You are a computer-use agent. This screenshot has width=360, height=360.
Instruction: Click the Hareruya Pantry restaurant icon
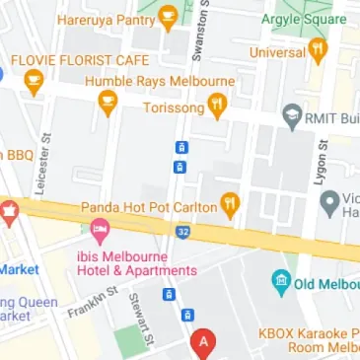pos(169,17)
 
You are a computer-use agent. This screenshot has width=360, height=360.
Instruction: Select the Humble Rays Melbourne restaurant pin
pos(108,100)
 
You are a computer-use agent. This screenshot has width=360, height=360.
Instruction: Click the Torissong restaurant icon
pos(218,106)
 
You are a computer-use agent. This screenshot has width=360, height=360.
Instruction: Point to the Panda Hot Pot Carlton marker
pos(231,206)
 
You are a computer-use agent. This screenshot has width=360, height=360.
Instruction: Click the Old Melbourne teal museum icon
pos(282,284)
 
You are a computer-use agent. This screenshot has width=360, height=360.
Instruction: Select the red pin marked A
pos(204,344)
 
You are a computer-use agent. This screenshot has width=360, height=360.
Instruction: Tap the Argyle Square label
pos(304,18)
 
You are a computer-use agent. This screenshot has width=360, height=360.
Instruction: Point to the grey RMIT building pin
pos(292,118)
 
